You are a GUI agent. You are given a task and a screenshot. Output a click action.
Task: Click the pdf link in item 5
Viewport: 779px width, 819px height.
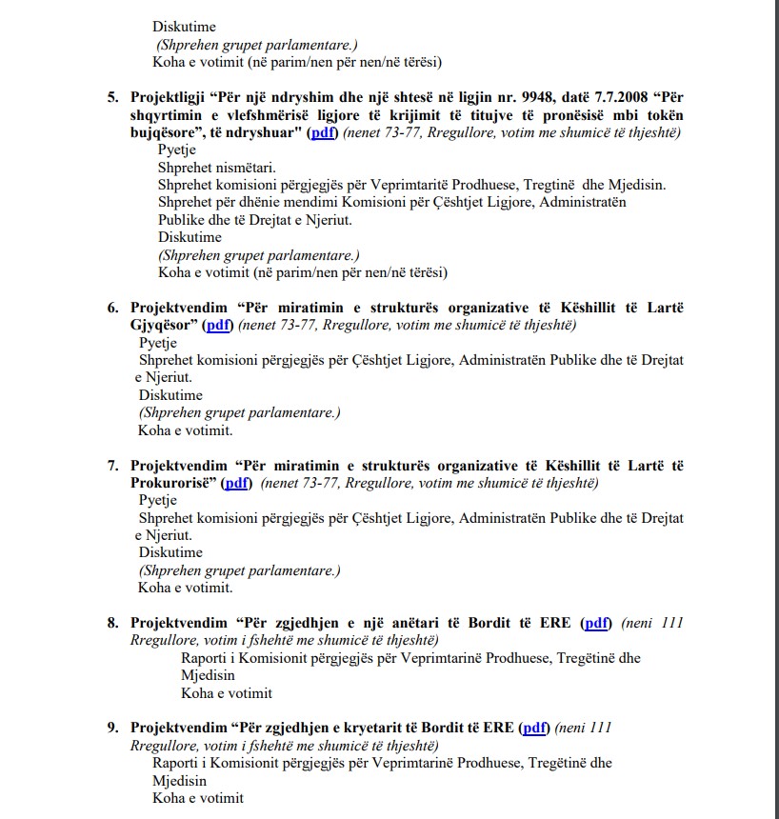click(x=322, y=133)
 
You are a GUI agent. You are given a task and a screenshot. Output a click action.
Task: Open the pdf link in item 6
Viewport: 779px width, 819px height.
click(x=219, y=325)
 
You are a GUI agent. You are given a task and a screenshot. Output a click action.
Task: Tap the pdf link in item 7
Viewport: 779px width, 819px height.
click(x=236, y=483)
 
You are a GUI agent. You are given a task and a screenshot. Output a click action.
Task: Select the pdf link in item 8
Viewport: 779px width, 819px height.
click(x=597, y=623)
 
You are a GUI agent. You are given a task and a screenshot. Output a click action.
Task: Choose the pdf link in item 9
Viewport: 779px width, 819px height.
click(x=536, y=728)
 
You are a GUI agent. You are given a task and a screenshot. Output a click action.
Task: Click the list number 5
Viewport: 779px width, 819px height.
click(x=112, y=97)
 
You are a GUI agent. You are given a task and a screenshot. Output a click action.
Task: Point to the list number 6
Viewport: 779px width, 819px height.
click(x=112, y=307)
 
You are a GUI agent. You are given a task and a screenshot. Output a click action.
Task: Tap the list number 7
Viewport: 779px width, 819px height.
click(x=112, y=465)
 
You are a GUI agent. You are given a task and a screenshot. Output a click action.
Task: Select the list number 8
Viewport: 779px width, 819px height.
click(x=112, y=623)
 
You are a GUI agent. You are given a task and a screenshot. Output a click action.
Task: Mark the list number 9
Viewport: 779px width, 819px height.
click(x=112, y=728)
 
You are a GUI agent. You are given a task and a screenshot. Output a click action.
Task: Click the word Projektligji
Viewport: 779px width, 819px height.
click(x=169, y=97)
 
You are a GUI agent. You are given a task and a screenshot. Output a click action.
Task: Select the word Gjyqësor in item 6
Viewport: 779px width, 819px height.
click(x=163, y=325)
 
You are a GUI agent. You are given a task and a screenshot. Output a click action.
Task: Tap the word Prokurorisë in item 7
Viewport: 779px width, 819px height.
click(x=171, y=483)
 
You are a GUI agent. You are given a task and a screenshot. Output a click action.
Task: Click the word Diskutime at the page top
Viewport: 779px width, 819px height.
click(x=184, y=27)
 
